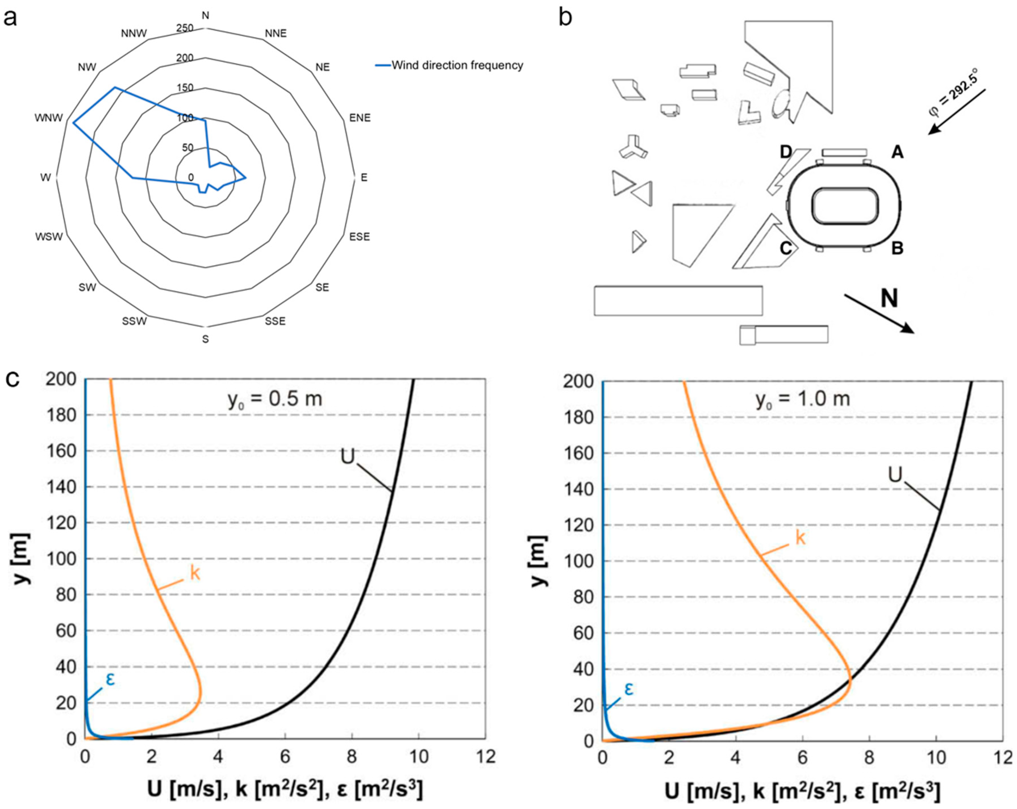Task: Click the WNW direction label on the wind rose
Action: (x=49, y=118)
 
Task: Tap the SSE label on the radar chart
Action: (x=275, y=321)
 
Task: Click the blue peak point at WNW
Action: (x=73, y=123)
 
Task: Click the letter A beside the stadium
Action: (x=897, y=152)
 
